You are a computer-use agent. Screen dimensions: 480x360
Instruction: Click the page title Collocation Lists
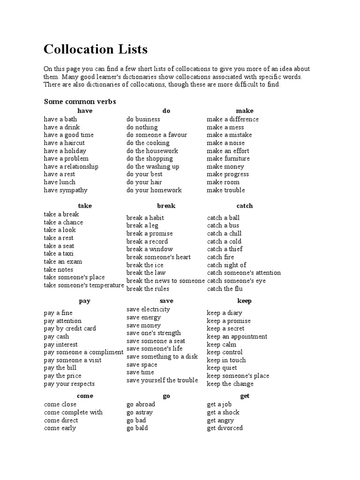pos(96,49)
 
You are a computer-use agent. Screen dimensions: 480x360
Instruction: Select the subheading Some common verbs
pos(80,101)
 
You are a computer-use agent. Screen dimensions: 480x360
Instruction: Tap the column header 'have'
pos(85,111)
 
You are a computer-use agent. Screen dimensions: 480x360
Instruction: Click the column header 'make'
pos(245,111)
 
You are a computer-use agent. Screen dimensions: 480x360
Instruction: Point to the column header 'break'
pos(166,206)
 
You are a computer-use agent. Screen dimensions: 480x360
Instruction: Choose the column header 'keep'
pos(245,301)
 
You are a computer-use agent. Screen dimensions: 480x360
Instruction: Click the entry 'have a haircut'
pos(64,142)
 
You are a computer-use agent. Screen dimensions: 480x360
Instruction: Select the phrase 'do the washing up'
pos(153,166)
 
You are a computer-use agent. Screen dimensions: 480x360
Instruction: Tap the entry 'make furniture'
pos(228,158)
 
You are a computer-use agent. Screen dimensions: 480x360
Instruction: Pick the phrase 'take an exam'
pos(63,262)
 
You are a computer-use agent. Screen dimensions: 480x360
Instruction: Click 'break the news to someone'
pos(165,281)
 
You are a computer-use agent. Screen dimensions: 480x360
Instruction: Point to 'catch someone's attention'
pos(244,273)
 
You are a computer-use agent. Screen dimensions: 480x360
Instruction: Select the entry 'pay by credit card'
pos(70,329)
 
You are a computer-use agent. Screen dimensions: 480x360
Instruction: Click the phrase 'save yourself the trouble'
pos(162,380)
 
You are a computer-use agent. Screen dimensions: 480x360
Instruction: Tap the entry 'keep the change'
pos(230,384)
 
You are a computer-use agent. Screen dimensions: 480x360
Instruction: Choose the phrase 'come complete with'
pos(73,412)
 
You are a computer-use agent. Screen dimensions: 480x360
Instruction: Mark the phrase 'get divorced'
pos(225,428)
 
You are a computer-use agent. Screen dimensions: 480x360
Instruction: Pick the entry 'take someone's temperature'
pos(84,285)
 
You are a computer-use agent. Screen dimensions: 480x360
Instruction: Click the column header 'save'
pos(166,301)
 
